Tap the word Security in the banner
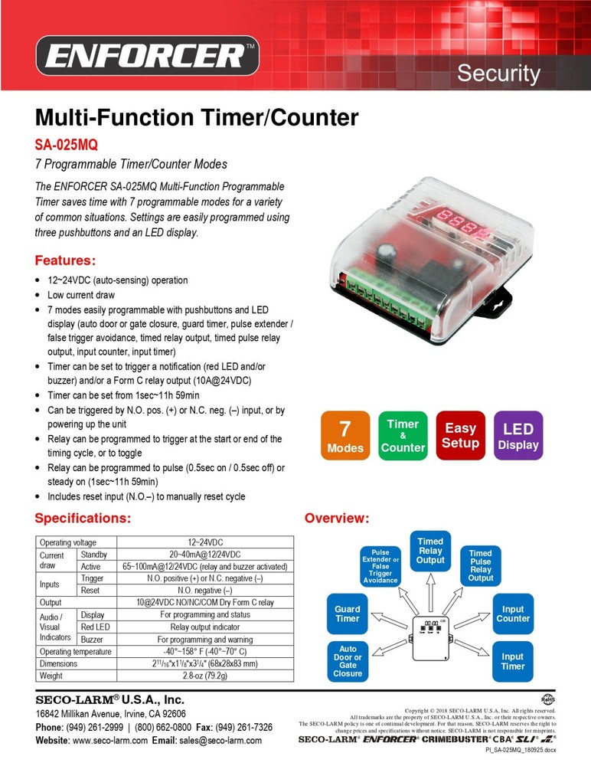498,74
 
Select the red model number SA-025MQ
67,144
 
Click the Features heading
65,260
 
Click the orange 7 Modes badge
345,436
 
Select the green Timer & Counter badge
403,436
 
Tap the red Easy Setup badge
460,436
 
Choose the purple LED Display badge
518,436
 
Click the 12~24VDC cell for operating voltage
204,542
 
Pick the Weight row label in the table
53,676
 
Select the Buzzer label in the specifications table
92,639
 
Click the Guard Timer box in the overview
347,614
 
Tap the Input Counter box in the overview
513,614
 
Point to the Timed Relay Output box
430,550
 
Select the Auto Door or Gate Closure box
347,660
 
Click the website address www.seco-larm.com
110,741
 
